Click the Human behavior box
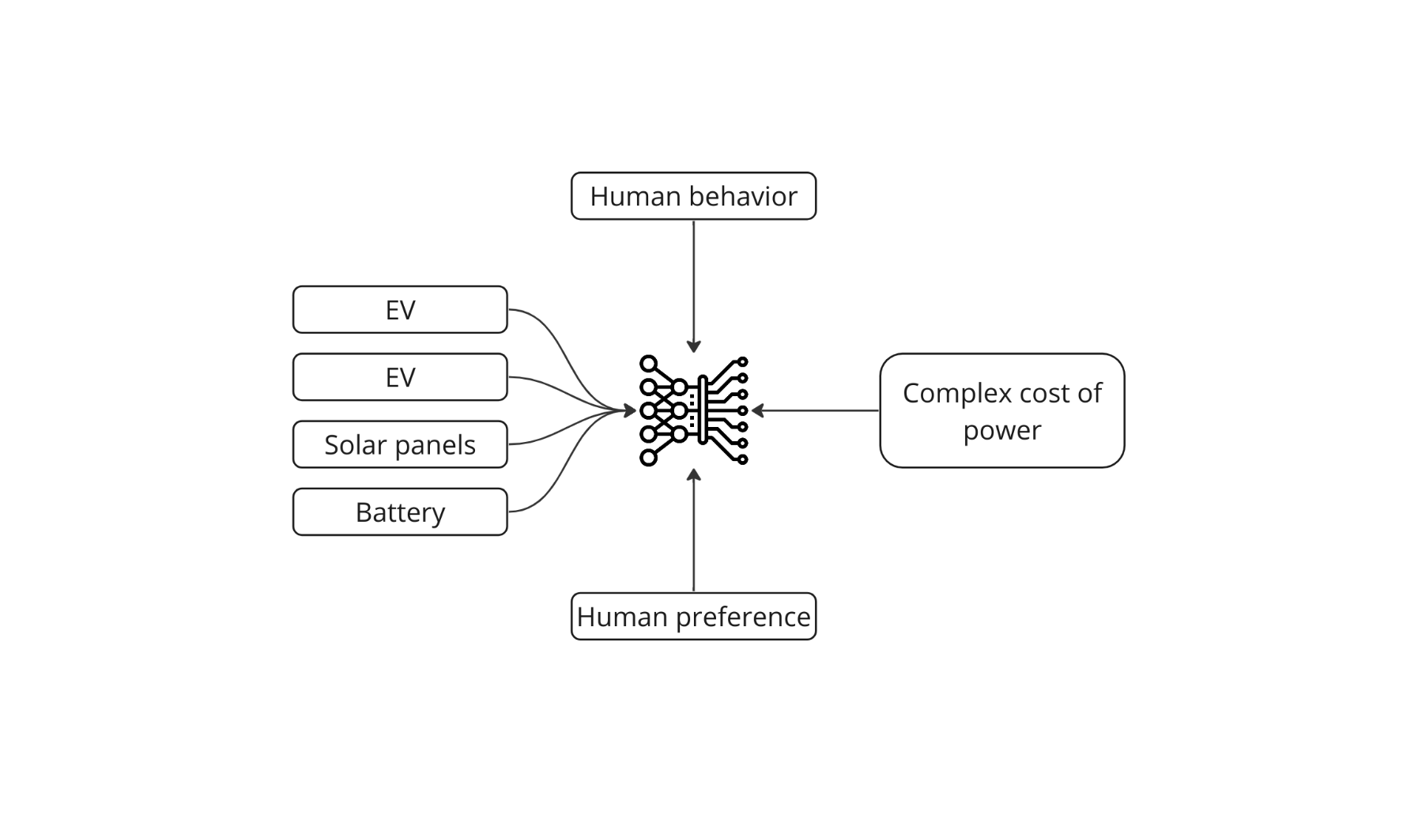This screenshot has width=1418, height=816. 693,196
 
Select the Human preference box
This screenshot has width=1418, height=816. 693,617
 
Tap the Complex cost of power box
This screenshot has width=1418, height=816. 1001,410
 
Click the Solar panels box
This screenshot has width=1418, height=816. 400,444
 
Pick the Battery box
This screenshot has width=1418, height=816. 400,512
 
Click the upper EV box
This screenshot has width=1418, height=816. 400,309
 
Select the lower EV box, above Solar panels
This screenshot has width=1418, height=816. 400,377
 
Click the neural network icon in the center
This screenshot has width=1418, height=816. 693,410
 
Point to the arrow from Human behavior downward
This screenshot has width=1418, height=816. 693,285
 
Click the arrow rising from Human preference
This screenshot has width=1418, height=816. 693,530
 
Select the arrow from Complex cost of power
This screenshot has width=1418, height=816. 814,410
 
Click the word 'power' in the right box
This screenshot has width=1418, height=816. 1001,431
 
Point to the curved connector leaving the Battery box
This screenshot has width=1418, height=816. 553,482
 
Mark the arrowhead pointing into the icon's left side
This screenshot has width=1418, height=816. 629,410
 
